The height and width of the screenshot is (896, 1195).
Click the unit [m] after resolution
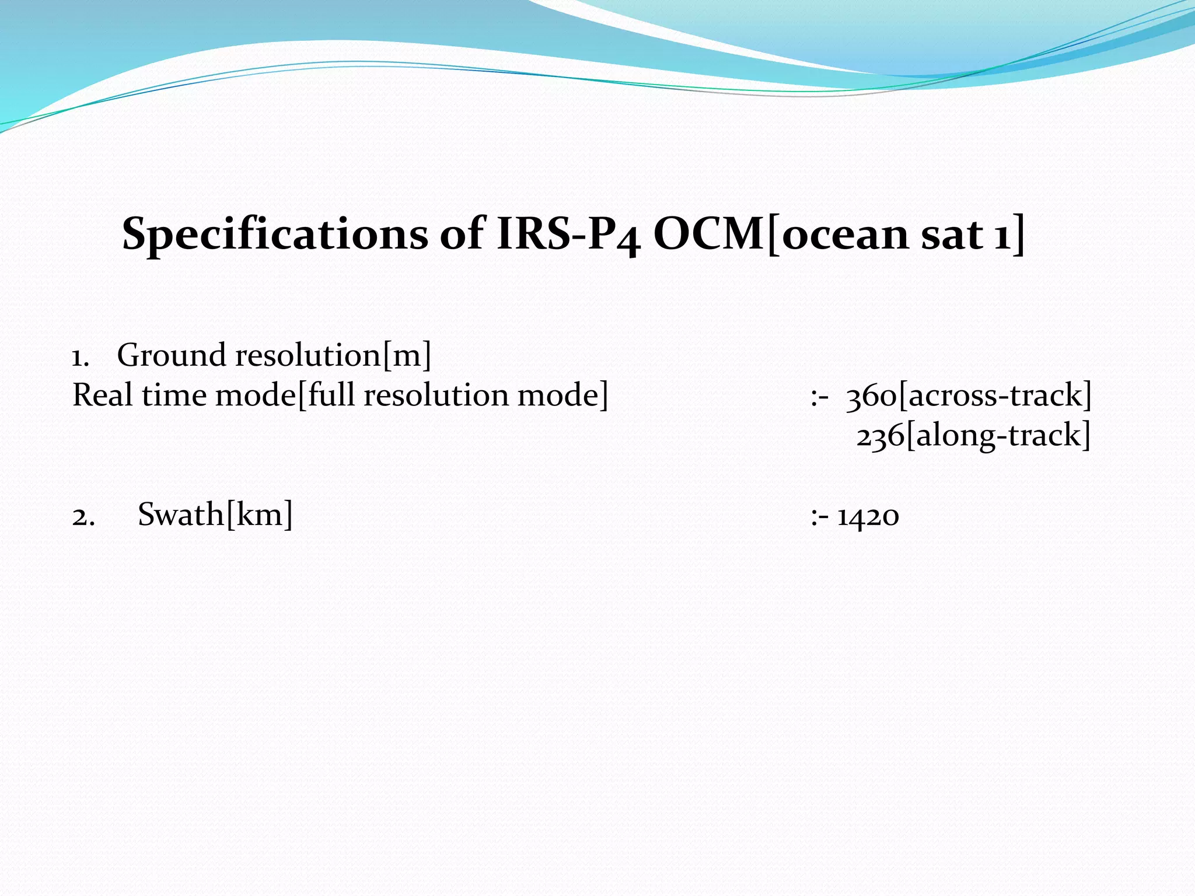(x=407, y=355)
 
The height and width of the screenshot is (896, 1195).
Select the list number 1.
(x=80, y=357)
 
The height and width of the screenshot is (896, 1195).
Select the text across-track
(x=995, y=395)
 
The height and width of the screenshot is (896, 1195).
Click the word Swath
(x=180, y=515)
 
